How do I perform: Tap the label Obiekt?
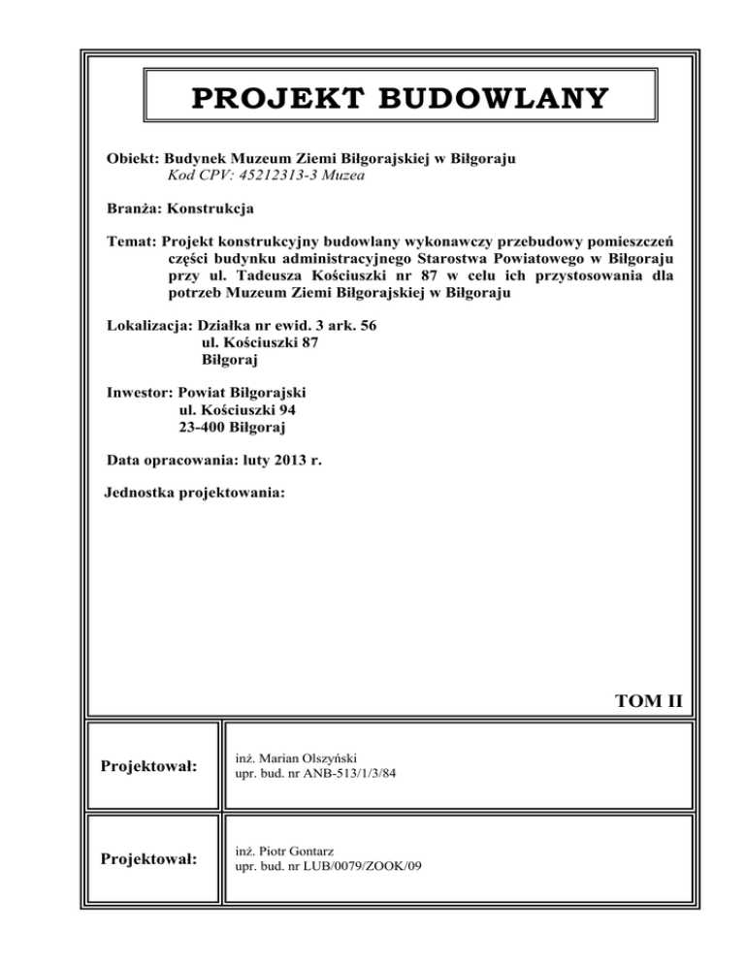(133, 158)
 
